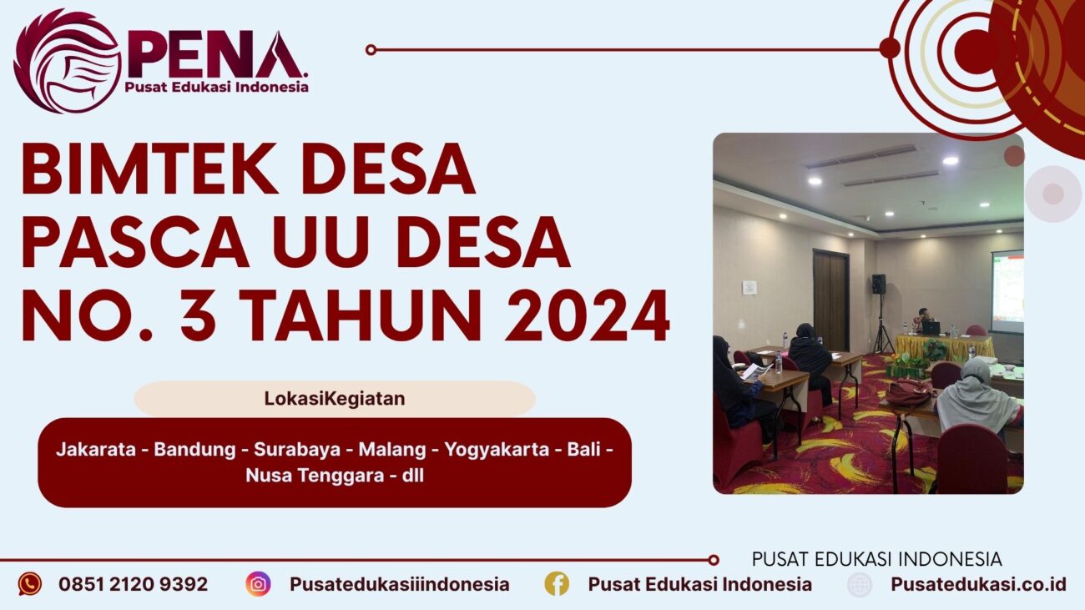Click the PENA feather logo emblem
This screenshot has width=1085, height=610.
pos(67,60)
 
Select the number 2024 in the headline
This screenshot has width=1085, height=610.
pos(587,316)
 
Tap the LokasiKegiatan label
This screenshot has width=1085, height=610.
pos(334,399)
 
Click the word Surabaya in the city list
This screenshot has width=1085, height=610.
pos(297,450)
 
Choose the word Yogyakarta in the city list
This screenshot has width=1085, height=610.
pos(497,450)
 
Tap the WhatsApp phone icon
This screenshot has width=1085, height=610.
pos(30,583)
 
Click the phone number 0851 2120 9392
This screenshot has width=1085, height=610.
pos(133,584)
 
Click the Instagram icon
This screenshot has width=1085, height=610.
pos(258,583)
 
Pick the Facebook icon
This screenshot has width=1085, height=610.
pos(557,583)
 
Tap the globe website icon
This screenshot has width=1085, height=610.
pos(860,584)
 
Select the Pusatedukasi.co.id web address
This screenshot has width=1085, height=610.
pos(978,584)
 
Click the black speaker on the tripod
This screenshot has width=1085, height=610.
pos(879,285)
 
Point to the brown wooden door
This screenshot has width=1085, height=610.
pos(830,300)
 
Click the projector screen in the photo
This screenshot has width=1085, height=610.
pos(1007,291)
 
